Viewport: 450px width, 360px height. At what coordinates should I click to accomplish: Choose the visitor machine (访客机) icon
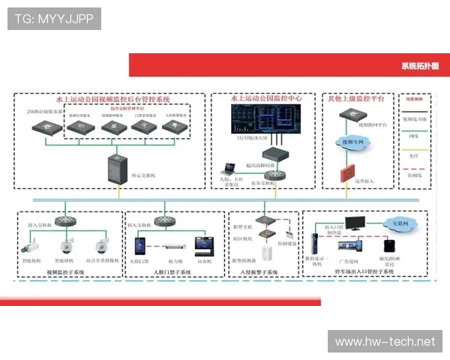tap(202, 245)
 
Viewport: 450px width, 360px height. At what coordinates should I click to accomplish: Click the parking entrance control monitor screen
tap(355, 223)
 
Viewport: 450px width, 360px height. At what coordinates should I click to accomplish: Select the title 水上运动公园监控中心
tap(265, 99)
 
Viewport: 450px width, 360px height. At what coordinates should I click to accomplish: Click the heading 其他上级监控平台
tap(355, 99)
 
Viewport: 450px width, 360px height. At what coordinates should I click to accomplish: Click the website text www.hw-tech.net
tap(385, 342)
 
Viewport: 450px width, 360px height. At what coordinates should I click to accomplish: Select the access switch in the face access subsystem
tap(140, 223)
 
